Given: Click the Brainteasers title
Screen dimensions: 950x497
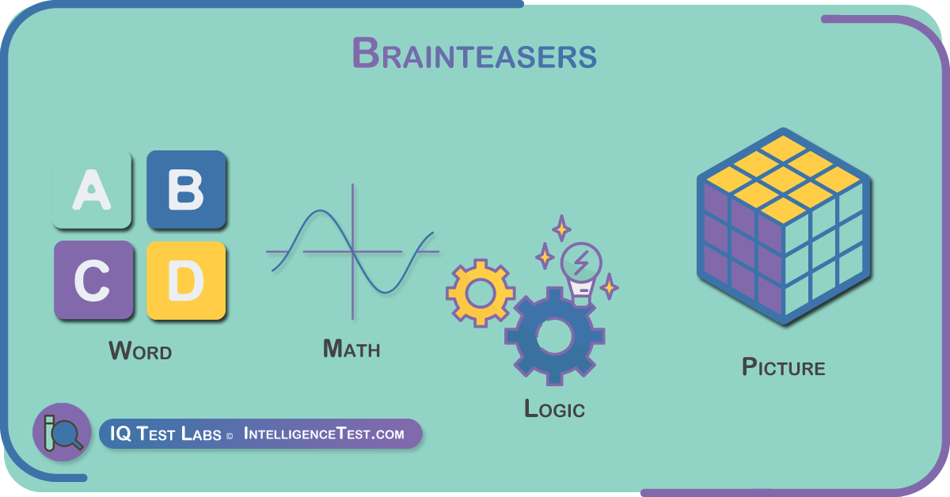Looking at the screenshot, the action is point(474,54).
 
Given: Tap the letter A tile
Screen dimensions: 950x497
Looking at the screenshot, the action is point(92,190).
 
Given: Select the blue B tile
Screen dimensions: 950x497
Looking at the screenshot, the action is point(186,190).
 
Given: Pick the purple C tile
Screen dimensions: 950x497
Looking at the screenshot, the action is point(93,280).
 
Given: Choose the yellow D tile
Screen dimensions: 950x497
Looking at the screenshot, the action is point(186,280).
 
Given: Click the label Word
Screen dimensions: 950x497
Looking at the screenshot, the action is point(140,351).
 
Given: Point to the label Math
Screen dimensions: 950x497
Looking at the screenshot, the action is point(351,348).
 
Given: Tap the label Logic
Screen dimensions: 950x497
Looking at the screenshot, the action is point(554,408).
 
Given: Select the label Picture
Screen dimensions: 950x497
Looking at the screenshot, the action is point(783,366).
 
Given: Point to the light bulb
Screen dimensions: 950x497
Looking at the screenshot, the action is point(581,272).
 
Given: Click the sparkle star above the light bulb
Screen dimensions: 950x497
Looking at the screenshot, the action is point(561,228).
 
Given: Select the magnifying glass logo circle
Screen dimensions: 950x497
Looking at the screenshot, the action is point(63,432).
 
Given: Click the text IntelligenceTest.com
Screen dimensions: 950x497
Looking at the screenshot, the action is point(324,434).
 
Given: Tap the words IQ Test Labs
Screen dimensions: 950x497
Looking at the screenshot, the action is point(165,434).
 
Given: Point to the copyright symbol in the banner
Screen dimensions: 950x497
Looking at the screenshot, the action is point(230,436).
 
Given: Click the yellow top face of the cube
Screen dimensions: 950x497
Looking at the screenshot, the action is point(783,179).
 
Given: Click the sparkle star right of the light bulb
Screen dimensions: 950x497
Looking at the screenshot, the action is point(610,286).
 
